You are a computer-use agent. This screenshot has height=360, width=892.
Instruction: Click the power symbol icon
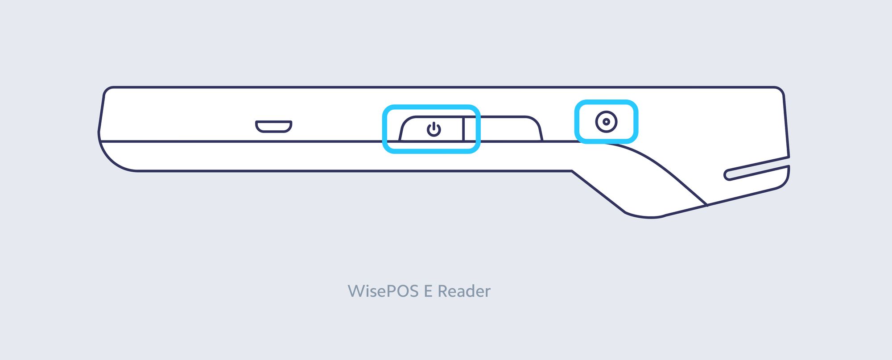(434, 129)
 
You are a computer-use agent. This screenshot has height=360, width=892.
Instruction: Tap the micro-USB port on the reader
(273, 126)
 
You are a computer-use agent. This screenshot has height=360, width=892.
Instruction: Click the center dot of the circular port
(606, 122)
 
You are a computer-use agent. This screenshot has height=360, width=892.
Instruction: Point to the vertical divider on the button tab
(463, 129)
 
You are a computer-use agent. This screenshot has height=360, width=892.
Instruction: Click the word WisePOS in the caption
(383, 291)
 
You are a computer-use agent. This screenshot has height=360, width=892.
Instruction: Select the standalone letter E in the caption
(428, 291)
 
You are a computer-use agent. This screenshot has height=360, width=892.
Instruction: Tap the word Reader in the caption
(464, 291)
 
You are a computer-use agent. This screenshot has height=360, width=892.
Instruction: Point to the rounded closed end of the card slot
(727, 175)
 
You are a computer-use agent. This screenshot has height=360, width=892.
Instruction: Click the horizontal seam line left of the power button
(241, 142)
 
